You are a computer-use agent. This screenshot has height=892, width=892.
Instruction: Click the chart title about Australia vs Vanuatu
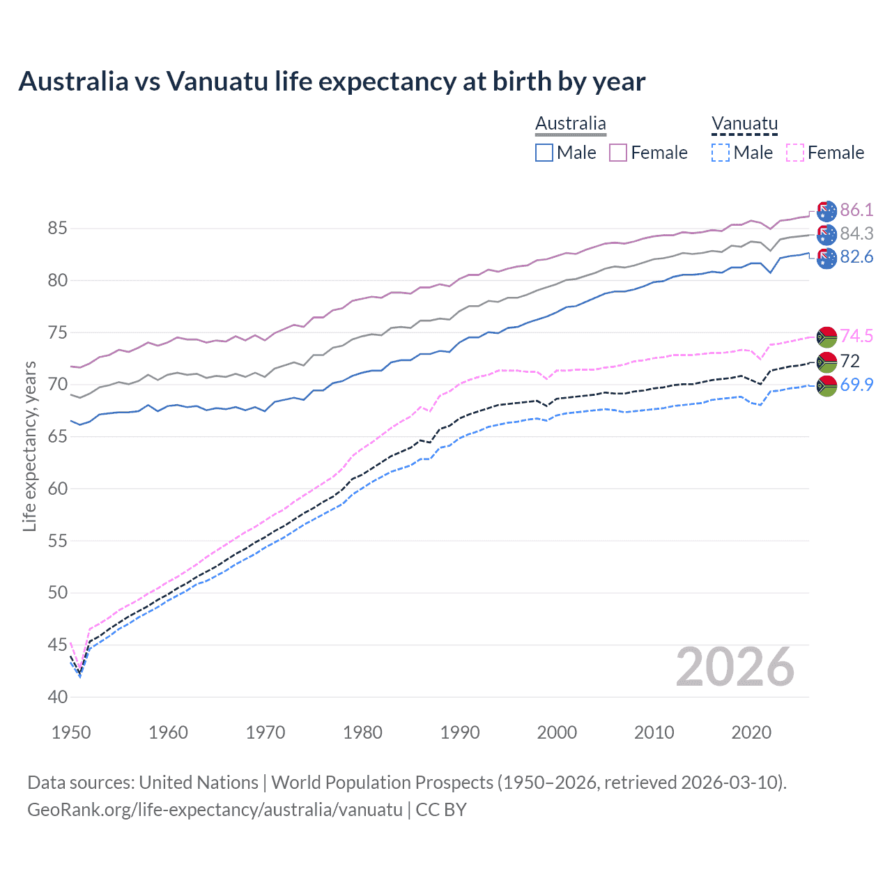[x=332, y=82]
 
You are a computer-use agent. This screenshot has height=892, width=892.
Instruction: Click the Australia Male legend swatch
[x=544, y=153]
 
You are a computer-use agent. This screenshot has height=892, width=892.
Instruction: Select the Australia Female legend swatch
[x=618, y=153]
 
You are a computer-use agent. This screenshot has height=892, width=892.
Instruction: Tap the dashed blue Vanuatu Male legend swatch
[x=721, y=153]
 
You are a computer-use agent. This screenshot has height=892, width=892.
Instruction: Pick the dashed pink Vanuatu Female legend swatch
[x=794, y=153]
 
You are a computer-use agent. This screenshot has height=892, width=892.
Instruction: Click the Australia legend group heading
[x=571, y=124]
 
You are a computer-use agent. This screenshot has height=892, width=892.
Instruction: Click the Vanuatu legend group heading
[x=744, y=124]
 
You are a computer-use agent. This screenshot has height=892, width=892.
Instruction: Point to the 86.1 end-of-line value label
[x=856, y=210]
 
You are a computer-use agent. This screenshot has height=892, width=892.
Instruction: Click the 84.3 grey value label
[x=856, y=233]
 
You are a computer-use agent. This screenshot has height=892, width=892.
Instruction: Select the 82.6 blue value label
[x=856, y=257]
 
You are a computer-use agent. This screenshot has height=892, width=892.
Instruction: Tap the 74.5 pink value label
[x=856, y=336]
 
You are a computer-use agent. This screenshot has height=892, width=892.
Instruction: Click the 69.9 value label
[x=856, y=385]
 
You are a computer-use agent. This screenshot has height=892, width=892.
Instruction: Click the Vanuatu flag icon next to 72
[x=826, y=361]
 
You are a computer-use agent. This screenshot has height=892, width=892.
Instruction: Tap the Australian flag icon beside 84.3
[x=826, y=233]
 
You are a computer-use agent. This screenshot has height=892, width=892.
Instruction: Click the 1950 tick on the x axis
[x=71, y=732]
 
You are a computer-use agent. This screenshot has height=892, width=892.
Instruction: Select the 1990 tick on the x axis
[x=460, y=732]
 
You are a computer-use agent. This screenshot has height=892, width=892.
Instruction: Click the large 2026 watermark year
[x=735, y=668]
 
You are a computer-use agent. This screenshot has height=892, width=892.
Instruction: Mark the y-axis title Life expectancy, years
[x=29, y=446]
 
